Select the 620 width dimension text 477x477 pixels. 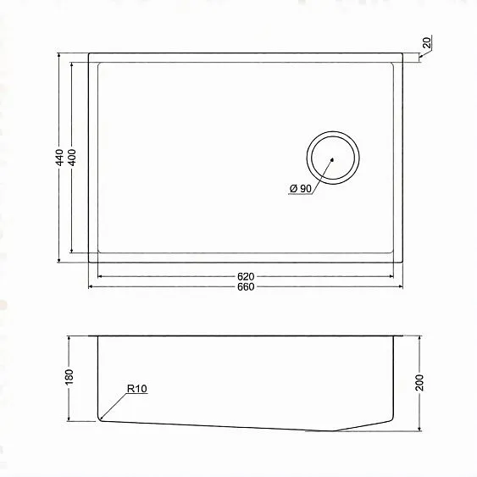(247, 277)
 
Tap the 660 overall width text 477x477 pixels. (247, 287)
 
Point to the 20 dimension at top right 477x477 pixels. (426, 42)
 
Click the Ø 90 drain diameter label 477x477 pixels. (300, 188)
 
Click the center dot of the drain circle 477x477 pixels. (333, 158)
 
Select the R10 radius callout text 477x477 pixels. (137, 390)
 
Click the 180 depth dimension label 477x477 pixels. (70, 376)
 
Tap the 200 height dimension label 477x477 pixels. (419, 382)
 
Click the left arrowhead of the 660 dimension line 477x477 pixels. (91, 287)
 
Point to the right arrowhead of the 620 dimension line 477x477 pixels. (393, 277)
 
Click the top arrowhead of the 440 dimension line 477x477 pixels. (58, 56)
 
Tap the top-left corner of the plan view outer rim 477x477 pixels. (89, 53)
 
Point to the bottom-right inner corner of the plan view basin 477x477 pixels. (393, 252)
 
